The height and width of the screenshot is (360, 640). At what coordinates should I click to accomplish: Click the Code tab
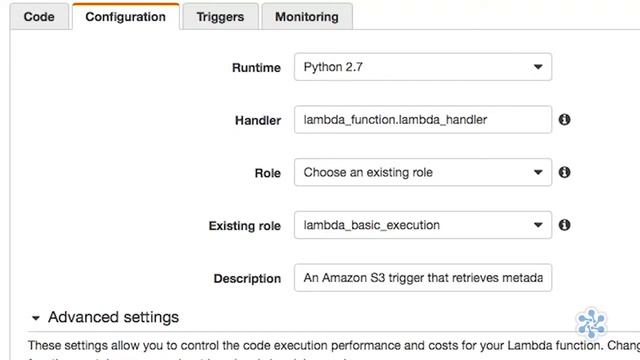click(38, 17)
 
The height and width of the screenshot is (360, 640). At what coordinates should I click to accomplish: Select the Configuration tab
click(125, 17)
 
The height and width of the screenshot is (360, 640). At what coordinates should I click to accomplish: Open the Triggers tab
click(220, 17)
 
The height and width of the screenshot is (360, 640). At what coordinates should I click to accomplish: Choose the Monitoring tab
click(306, 17)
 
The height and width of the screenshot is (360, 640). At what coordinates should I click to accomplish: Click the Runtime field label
click(256, 68)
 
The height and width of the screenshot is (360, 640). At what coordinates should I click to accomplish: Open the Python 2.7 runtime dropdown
click(422, 68)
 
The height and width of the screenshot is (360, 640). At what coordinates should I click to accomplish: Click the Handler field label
click(257, 120)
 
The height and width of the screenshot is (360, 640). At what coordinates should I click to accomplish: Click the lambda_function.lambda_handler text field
click(422, 120)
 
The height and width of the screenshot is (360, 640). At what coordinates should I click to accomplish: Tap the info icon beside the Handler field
click(564, 120)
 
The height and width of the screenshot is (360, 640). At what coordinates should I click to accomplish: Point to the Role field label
click(267, 173)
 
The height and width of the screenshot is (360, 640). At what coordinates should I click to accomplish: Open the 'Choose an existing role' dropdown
click(422, 172)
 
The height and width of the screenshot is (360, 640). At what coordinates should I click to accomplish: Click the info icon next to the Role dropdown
click(564, 172)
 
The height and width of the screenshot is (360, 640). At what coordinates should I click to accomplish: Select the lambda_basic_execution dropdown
click(422, 225)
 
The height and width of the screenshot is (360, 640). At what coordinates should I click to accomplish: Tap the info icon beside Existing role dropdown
click(564, 225)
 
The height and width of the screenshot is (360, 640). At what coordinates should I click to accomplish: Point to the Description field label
click(247, 279)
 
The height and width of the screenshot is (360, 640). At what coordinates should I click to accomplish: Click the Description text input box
click(422, 278)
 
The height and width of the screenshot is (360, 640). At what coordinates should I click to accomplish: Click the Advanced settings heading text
click(113, 318)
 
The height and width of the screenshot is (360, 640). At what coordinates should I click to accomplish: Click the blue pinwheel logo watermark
click(591, 323)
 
